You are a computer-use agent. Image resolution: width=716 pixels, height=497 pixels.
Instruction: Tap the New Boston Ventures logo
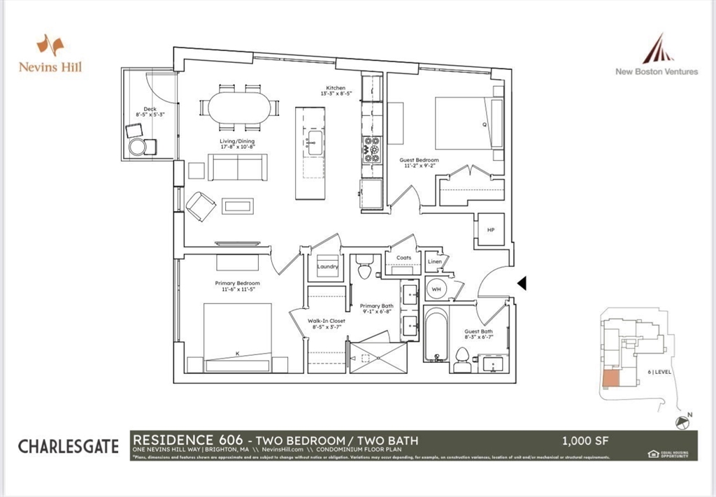657,56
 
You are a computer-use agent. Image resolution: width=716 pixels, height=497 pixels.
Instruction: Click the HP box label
489,229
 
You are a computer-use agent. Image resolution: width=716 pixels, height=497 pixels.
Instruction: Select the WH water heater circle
436,288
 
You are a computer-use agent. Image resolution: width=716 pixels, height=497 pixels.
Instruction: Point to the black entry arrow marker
521,282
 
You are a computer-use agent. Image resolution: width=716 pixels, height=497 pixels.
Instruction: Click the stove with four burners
371,150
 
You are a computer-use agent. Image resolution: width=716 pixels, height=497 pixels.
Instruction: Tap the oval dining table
238,108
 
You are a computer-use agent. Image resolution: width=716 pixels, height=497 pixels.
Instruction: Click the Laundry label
327,266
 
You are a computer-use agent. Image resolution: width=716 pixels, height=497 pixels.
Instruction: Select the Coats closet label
403,258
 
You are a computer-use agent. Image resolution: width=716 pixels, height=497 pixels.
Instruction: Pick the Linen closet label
434,262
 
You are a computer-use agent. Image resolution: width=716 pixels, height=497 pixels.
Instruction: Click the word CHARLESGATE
69,446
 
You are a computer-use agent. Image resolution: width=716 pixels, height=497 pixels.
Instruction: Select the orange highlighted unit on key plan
609,378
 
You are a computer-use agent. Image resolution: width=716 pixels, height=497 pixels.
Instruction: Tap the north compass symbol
682,422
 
